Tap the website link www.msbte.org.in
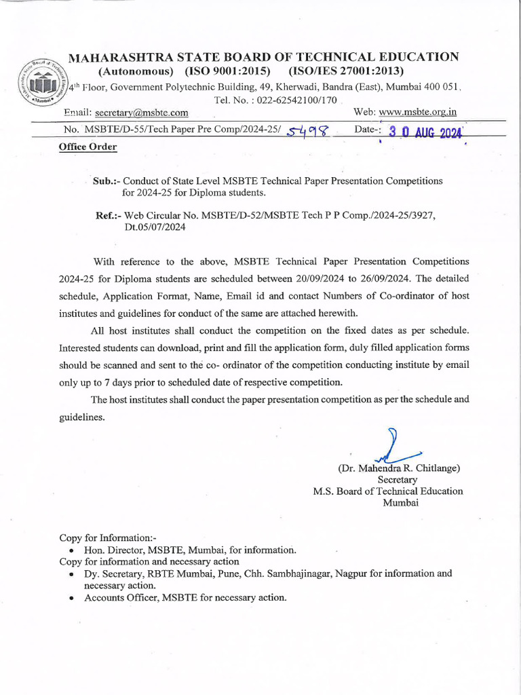click(417, 112)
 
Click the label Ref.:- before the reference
click(109, 215)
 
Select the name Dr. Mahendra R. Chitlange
click(400, 468)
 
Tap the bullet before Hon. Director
click(72, 550)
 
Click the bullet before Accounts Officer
click(72, 598)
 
